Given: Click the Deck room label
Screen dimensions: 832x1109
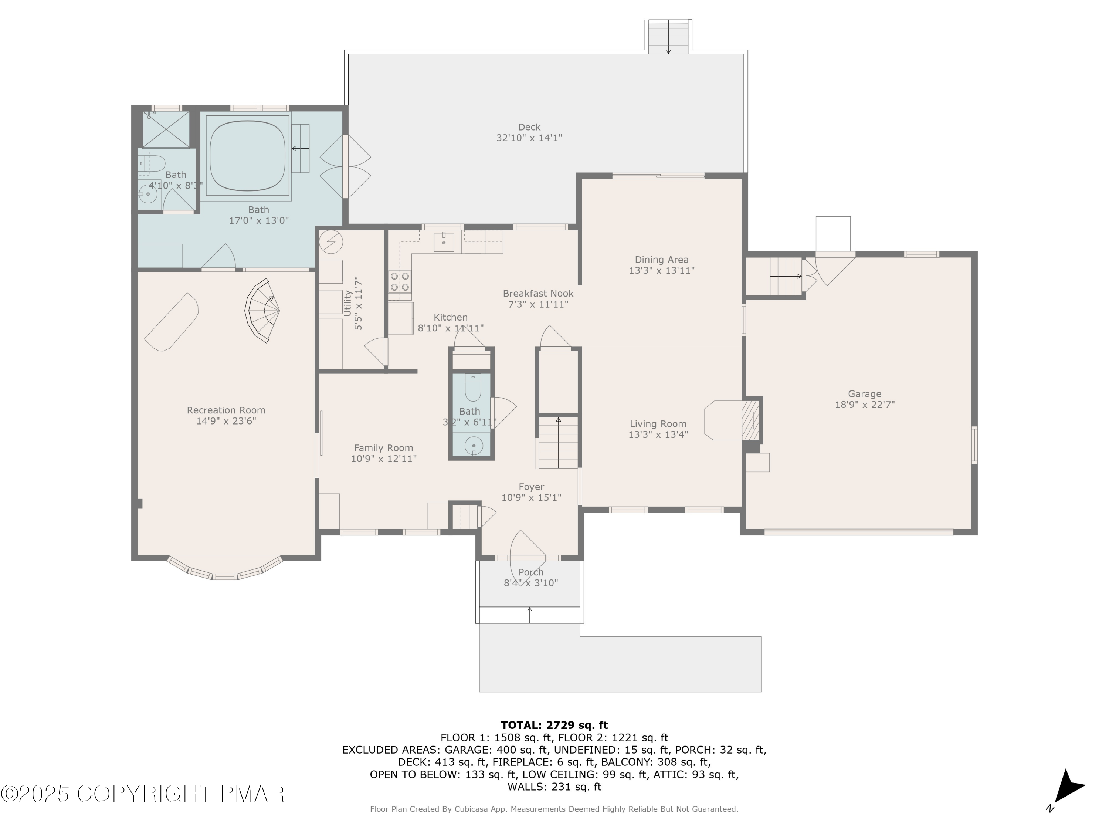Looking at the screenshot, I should click(529, 127).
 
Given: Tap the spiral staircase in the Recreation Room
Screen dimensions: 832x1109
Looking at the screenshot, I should click(263, 311).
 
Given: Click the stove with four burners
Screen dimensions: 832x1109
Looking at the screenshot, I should click(400, 281).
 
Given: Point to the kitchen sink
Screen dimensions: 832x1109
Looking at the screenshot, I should click(444, 242).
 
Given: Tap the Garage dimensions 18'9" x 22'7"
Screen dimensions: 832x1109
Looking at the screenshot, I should click(864, 405).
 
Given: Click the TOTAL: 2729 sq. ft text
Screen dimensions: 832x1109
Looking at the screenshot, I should click(554, 725).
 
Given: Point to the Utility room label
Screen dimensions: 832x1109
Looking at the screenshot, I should click(347, 303).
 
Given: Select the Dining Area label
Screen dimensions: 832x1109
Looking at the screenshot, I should click(661, 260).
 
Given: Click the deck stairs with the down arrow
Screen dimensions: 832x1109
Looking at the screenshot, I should click(668, 37).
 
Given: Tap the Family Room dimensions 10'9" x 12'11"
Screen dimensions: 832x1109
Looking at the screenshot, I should click(384, 459).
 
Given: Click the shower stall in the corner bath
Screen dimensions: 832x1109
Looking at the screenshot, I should click(166, 130).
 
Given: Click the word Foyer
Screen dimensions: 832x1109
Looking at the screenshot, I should click(531, 487).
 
